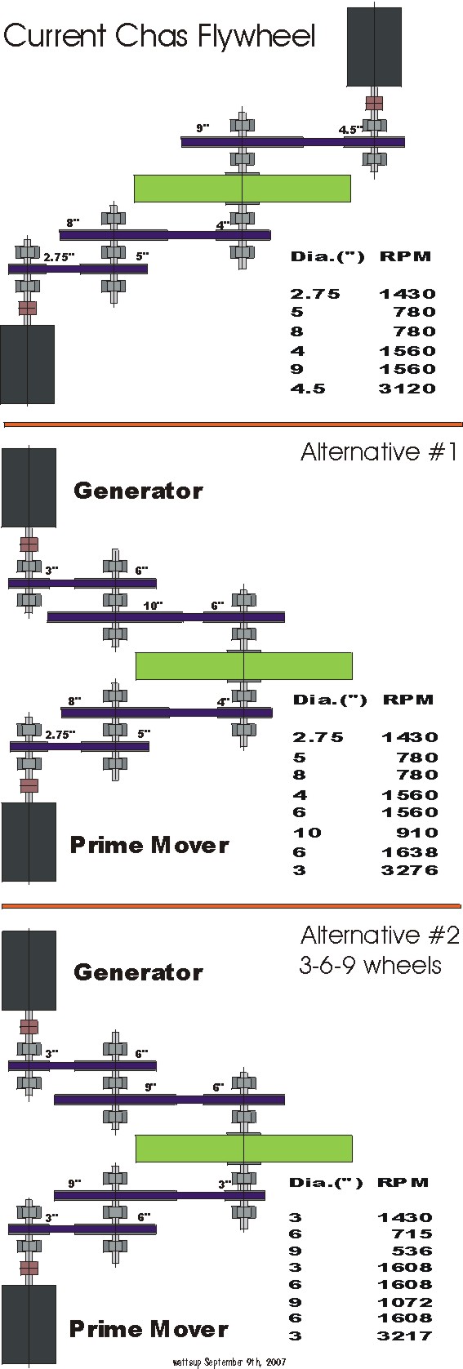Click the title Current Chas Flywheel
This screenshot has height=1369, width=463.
tap(159, 36)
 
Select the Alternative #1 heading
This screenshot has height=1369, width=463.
tap(379, 452)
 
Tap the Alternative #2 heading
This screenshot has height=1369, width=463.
tap(379, 935)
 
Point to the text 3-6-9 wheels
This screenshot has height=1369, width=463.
tap(370, 965)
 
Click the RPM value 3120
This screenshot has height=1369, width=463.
tap(407, 388)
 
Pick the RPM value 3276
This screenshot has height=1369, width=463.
tap(410, 869)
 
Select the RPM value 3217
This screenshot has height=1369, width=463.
tap(405, 1336)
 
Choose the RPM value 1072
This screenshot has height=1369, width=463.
tap(405, 1302)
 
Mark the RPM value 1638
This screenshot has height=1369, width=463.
tap(410, 852)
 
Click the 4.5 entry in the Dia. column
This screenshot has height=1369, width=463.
tap(308, 388)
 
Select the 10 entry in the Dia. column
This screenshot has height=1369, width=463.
tap(307, 833)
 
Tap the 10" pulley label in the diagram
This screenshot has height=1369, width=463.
tap(153, 606)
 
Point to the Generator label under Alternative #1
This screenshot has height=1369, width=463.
tap(138, 491)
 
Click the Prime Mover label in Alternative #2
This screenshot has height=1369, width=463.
tap(149, 1329)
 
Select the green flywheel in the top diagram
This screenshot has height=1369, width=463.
tap(243, 189)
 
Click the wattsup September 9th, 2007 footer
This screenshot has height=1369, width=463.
tap(229, 1362)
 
